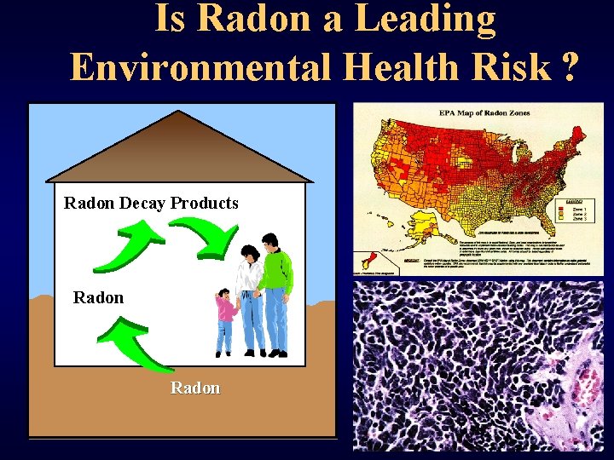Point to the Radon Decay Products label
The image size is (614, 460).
click(151, 204)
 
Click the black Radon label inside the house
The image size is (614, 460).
click(98, 297)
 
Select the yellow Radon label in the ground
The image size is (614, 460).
click(195, 388)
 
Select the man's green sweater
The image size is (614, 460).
click(275, 268)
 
